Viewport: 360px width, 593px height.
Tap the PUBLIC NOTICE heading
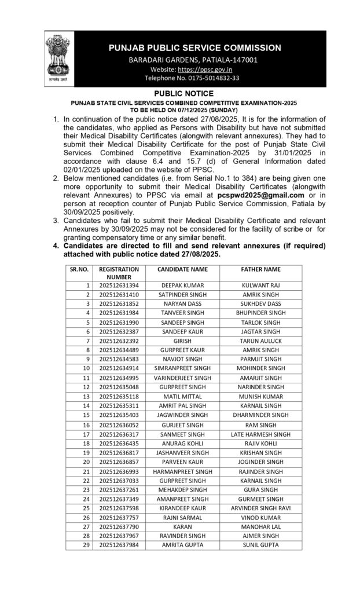(x=183, y=94)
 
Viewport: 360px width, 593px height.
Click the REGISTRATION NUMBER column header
(x=119, y=273)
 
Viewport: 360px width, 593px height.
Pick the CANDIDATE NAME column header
(x=182, y=269)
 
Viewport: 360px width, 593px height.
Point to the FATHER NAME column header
(x=260, y=269)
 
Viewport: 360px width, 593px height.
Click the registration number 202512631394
(x=119, y=285)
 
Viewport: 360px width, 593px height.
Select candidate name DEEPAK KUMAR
(x=182, y=285)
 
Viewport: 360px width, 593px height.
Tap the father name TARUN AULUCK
(x=260, y=341)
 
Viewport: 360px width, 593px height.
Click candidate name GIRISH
(x=182, y=341)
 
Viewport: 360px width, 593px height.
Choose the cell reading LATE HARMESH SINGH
(x=260, y=434)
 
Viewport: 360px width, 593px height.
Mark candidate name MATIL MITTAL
(x=182, y=396)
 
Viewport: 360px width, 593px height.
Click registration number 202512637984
(x=119, y=546)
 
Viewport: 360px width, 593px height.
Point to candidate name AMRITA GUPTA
(x=182, y=546)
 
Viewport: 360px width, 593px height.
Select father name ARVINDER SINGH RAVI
(x=260, y=508)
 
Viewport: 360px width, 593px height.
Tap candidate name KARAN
(x=182, y=526)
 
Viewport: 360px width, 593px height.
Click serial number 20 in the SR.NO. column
(x=86, y=462)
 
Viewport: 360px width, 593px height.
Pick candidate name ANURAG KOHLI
(x=182, y=443)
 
